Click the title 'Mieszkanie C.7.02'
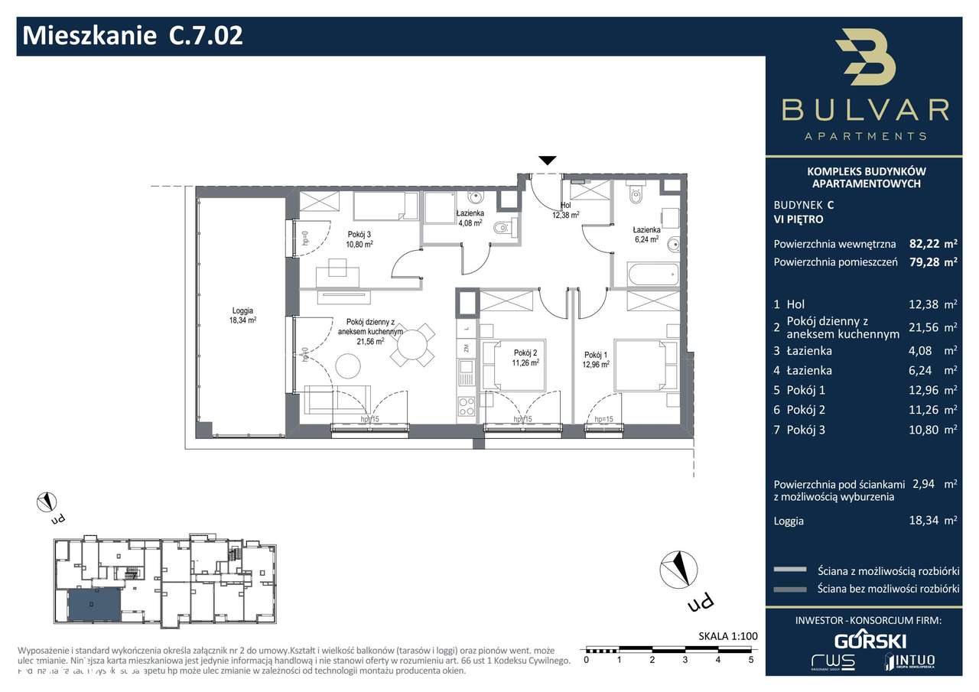[x=133, y=36]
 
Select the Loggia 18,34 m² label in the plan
[x=242, y=315]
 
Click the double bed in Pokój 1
[x=645, y=365]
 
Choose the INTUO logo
[x=909, y=661]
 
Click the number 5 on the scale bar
[x=751, y=659]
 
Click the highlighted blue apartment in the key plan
[x=94, y=605]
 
